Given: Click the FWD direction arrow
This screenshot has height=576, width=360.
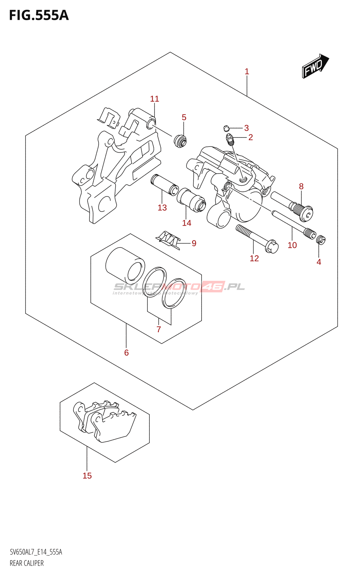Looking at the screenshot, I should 315,66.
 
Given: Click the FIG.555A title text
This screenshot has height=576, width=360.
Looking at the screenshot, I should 39,15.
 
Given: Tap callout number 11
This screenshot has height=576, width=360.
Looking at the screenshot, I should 154,99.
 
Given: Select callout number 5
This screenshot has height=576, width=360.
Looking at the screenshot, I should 184,117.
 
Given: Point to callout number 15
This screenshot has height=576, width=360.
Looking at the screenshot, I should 87,476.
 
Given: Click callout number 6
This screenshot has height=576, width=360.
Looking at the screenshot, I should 126,353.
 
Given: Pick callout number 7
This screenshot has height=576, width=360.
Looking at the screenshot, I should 159,329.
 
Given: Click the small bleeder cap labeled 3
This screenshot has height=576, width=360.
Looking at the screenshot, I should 226,128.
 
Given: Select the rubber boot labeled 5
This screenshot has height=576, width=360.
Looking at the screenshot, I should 180,140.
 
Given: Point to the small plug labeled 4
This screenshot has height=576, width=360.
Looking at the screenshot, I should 321,239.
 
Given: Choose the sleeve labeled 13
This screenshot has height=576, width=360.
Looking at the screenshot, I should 164,184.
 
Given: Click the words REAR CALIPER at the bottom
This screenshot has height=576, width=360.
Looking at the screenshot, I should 27,563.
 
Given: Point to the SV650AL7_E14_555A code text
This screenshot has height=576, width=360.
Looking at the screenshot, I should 36,552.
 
